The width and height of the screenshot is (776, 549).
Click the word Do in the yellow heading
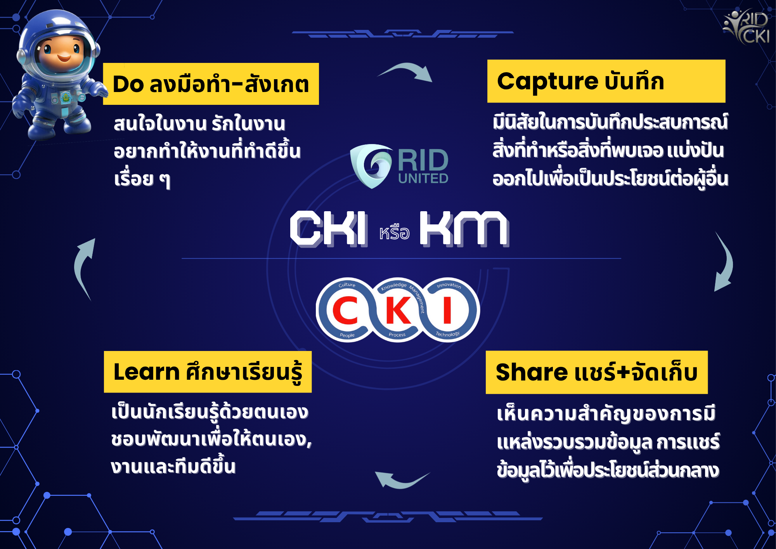click(128, 84)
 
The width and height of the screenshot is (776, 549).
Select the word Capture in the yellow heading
click(547, 82)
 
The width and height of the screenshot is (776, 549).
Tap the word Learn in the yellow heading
click(146, 372)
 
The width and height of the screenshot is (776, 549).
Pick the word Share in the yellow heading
click(532, 372)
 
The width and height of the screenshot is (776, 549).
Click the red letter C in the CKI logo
click(345, 310)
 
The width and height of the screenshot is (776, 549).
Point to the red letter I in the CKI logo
click(447, 310)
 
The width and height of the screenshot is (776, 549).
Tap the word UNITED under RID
click(423, 179)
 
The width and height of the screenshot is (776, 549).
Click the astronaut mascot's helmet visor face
click(62, 50)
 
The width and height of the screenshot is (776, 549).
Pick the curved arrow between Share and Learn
click(402, 483)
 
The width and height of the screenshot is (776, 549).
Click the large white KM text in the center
click(464, 229)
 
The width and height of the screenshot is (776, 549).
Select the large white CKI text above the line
click(329, 229)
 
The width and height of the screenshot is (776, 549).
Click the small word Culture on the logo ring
click(347, 285)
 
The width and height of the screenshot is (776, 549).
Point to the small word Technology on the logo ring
click(447, 334)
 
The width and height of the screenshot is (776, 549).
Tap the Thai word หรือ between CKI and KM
click(394, 233)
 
